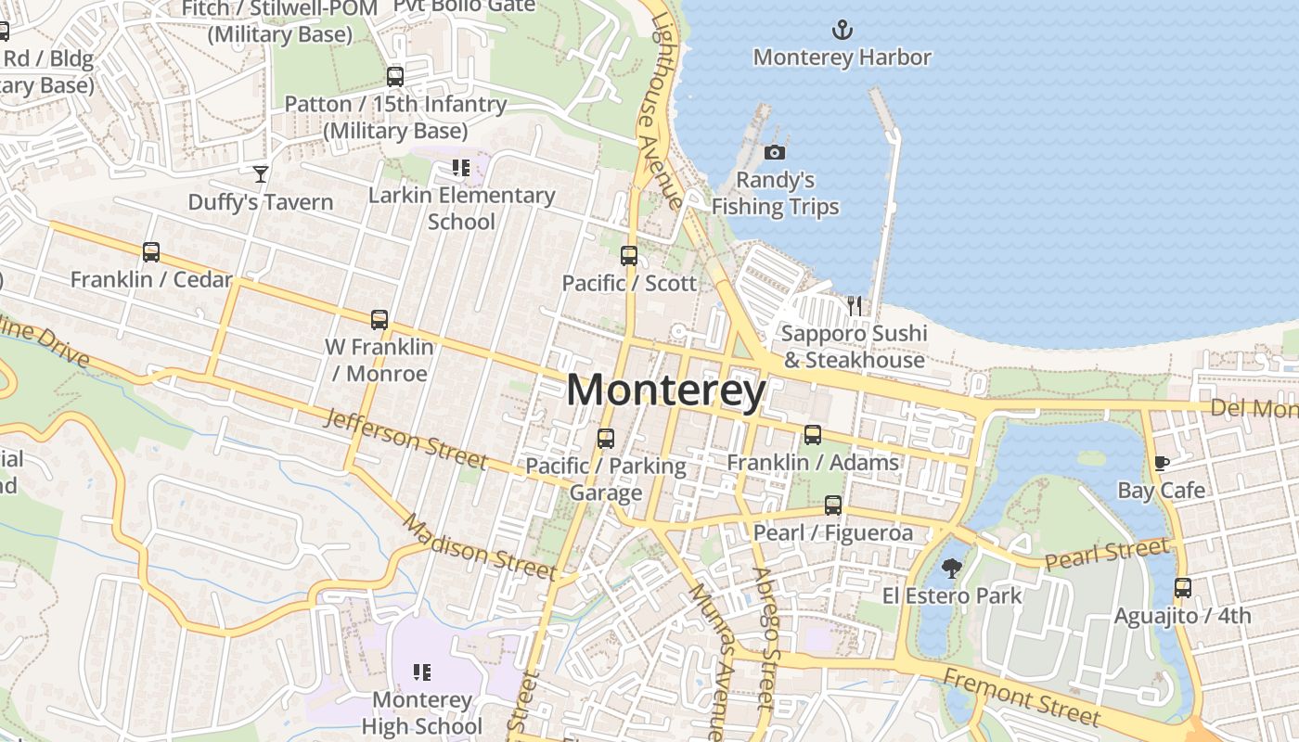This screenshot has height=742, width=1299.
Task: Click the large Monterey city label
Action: [666, 390]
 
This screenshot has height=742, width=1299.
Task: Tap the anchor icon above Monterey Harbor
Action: [842, 30]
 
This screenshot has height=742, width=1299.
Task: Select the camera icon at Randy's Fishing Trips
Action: [775, 152]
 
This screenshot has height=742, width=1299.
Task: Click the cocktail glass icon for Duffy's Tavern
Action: [261, 173]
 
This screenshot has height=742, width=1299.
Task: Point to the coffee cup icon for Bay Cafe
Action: [1161, 463]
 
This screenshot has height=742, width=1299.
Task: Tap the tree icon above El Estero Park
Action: [951, 568]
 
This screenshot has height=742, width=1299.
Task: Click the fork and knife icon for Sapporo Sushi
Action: [855, 305]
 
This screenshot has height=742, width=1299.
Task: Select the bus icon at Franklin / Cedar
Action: [151, 251]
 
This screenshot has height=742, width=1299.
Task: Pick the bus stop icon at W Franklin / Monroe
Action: [379, 320]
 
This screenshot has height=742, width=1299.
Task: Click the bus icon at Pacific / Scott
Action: [629, 255]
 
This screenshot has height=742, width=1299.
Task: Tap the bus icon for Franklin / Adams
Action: [813, 434]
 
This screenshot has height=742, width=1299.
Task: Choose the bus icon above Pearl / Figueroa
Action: [833, 505]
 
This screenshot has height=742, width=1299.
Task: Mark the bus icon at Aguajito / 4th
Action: [1182, 588]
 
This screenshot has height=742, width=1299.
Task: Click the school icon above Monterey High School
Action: [422, 672]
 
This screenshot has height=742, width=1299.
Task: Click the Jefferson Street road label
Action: [405, 439]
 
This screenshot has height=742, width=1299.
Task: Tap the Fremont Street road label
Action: [1022, 696]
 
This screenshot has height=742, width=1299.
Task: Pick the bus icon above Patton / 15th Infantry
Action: [395, 76]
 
